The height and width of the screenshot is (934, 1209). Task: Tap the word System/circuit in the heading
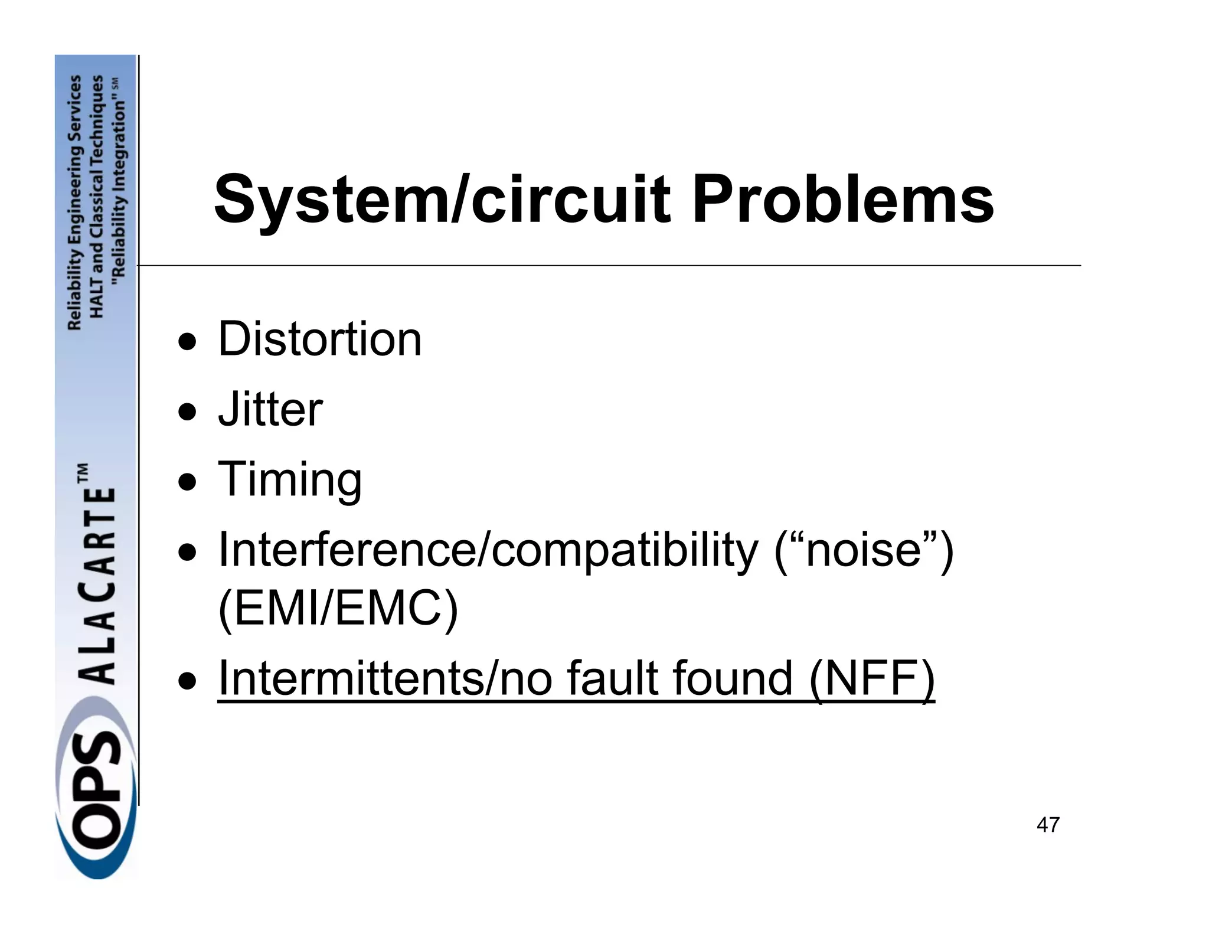click(443, 200)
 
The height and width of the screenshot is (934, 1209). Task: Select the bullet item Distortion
click(320, 339)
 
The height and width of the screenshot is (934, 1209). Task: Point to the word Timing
click(290, 479)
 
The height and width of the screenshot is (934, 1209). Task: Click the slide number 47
click(1048, 825)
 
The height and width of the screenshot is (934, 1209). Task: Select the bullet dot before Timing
click(188, 481)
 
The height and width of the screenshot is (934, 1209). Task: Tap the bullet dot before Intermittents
click(188, 680)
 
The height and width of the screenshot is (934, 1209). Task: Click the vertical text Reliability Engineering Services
click(75, 203)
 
